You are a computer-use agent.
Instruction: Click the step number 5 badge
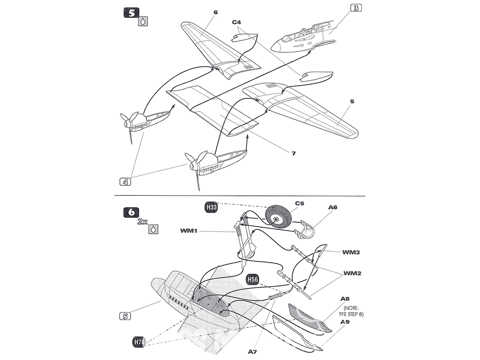coord(132,13)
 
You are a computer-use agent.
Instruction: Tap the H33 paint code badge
coord(211,207)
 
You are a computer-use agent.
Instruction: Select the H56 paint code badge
coord(253,279)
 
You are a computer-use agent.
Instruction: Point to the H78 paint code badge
coord(139,342)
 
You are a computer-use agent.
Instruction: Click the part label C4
coord(237,23)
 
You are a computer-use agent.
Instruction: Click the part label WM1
coord(189,231)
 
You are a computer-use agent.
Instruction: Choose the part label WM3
coord(351,252)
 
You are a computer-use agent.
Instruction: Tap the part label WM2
coord(352,273)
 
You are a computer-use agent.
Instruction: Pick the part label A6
coord(333,207)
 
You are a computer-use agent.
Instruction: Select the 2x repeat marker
coord(143,222)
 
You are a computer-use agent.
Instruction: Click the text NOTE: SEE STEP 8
coord(351,311)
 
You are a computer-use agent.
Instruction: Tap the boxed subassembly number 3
coord(356,8)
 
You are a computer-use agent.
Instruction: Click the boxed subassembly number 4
coord(125,182)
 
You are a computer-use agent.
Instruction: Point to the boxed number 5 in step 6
coord(125,316)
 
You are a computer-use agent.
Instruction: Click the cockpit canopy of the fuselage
coord(301,33)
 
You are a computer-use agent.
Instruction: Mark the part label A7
coord(252,352)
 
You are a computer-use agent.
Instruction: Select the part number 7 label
coord(294,153)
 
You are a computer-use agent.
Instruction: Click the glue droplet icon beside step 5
coord(143,22)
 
